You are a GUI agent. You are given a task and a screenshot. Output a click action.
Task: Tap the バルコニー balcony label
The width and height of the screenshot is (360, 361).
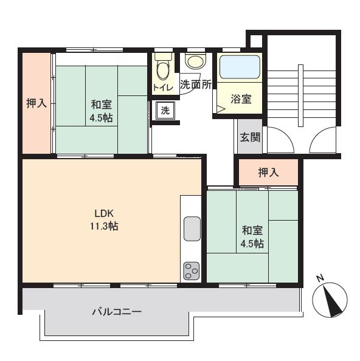point(117,312)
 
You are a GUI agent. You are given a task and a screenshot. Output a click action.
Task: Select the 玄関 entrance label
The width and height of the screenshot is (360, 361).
point(249,136)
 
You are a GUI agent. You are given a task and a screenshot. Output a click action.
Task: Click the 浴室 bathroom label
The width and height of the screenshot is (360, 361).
point(241,99)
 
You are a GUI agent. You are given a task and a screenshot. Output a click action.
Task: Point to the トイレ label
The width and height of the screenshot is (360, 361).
point(163,88)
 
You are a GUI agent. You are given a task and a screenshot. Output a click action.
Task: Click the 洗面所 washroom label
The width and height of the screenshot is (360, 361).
point(195,85)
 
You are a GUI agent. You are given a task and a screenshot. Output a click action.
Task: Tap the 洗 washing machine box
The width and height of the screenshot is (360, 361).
point(165,111)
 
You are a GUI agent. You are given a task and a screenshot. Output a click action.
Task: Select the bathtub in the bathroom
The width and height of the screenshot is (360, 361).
point(240,67)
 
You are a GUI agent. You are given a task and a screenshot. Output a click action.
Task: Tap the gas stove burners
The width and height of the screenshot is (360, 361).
point(192,270)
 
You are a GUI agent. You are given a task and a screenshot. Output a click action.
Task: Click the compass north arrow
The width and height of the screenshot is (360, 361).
point(330,300)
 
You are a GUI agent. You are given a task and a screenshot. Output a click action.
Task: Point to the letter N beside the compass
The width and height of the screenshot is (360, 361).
point(320,278)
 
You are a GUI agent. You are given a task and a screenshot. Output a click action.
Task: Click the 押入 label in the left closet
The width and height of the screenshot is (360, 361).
point(36,103)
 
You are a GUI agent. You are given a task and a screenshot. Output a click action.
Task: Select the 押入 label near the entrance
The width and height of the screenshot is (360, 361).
point(268,172)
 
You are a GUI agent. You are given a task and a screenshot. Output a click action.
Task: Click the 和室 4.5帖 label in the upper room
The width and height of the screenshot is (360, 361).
point(102,110)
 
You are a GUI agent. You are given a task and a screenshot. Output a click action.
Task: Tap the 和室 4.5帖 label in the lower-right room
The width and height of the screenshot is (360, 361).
point(252,237)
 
